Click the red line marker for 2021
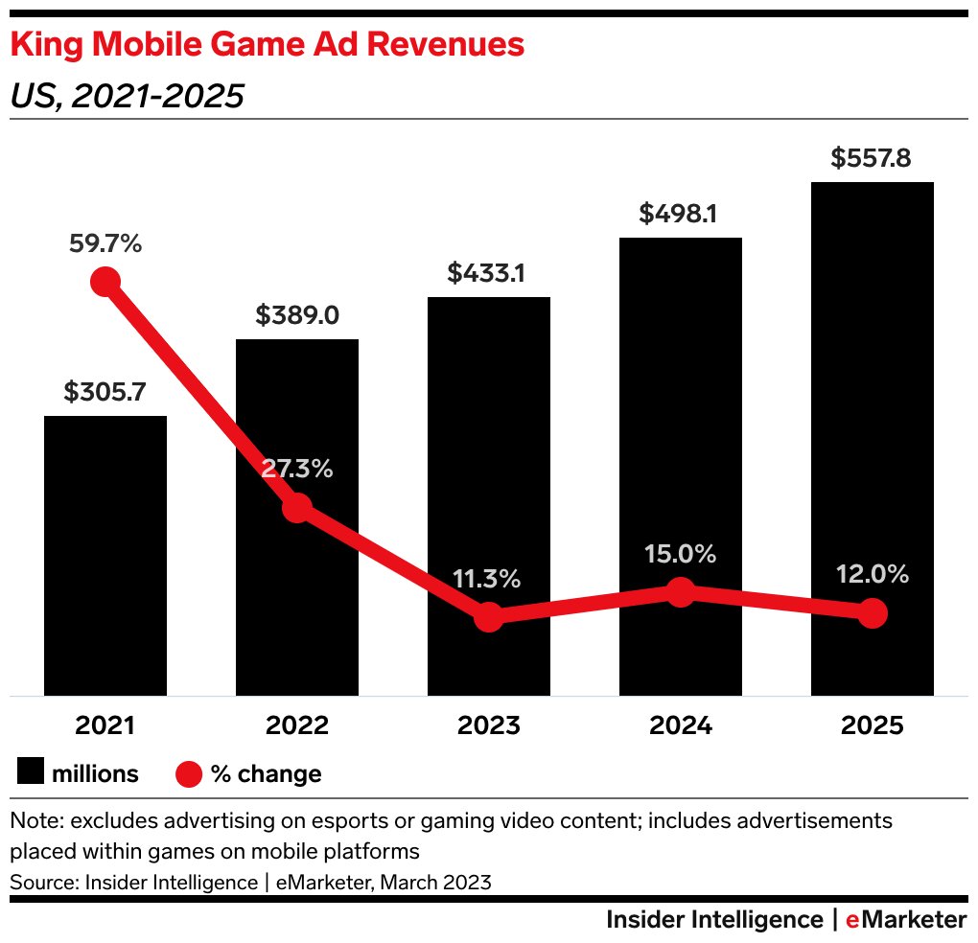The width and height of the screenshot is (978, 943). tap(105, 282)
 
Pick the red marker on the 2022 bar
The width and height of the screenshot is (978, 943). tap(297, 508)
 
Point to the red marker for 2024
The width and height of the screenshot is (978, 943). tap(681, 592)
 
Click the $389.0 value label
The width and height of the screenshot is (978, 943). tap(297, 315)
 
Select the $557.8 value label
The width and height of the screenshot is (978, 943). tap(873, 158)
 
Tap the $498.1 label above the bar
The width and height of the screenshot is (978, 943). tap(681, 214)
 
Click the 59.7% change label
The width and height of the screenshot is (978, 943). tap(105, 244)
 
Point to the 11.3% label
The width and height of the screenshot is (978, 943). tap(489, 579)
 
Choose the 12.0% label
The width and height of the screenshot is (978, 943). tap(873, 574)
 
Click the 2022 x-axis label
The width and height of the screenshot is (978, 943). tap(297, 725)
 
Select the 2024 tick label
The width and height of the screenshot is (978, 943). tap(681, 725)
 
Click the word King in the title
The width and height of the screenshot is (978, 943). tap(47, 44)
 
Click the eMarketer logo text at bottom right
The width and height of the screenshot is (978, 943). tap(906, 920)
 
